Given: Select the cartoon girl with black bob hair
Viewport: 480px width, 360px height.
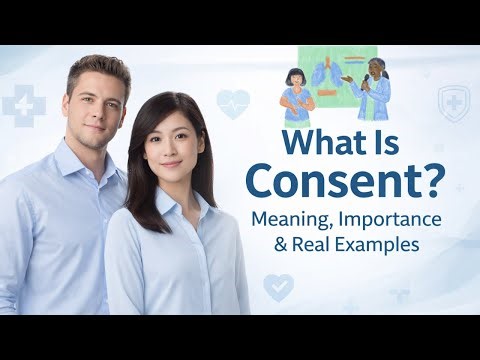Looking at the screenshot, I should click(x=298, y=89).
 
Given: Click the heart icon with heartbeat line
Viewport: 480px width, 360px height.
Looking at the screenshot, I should click(x=233, y=104).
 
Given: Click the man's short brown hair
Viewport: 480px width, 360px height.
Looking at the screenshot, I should click(x=97, y=67).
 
